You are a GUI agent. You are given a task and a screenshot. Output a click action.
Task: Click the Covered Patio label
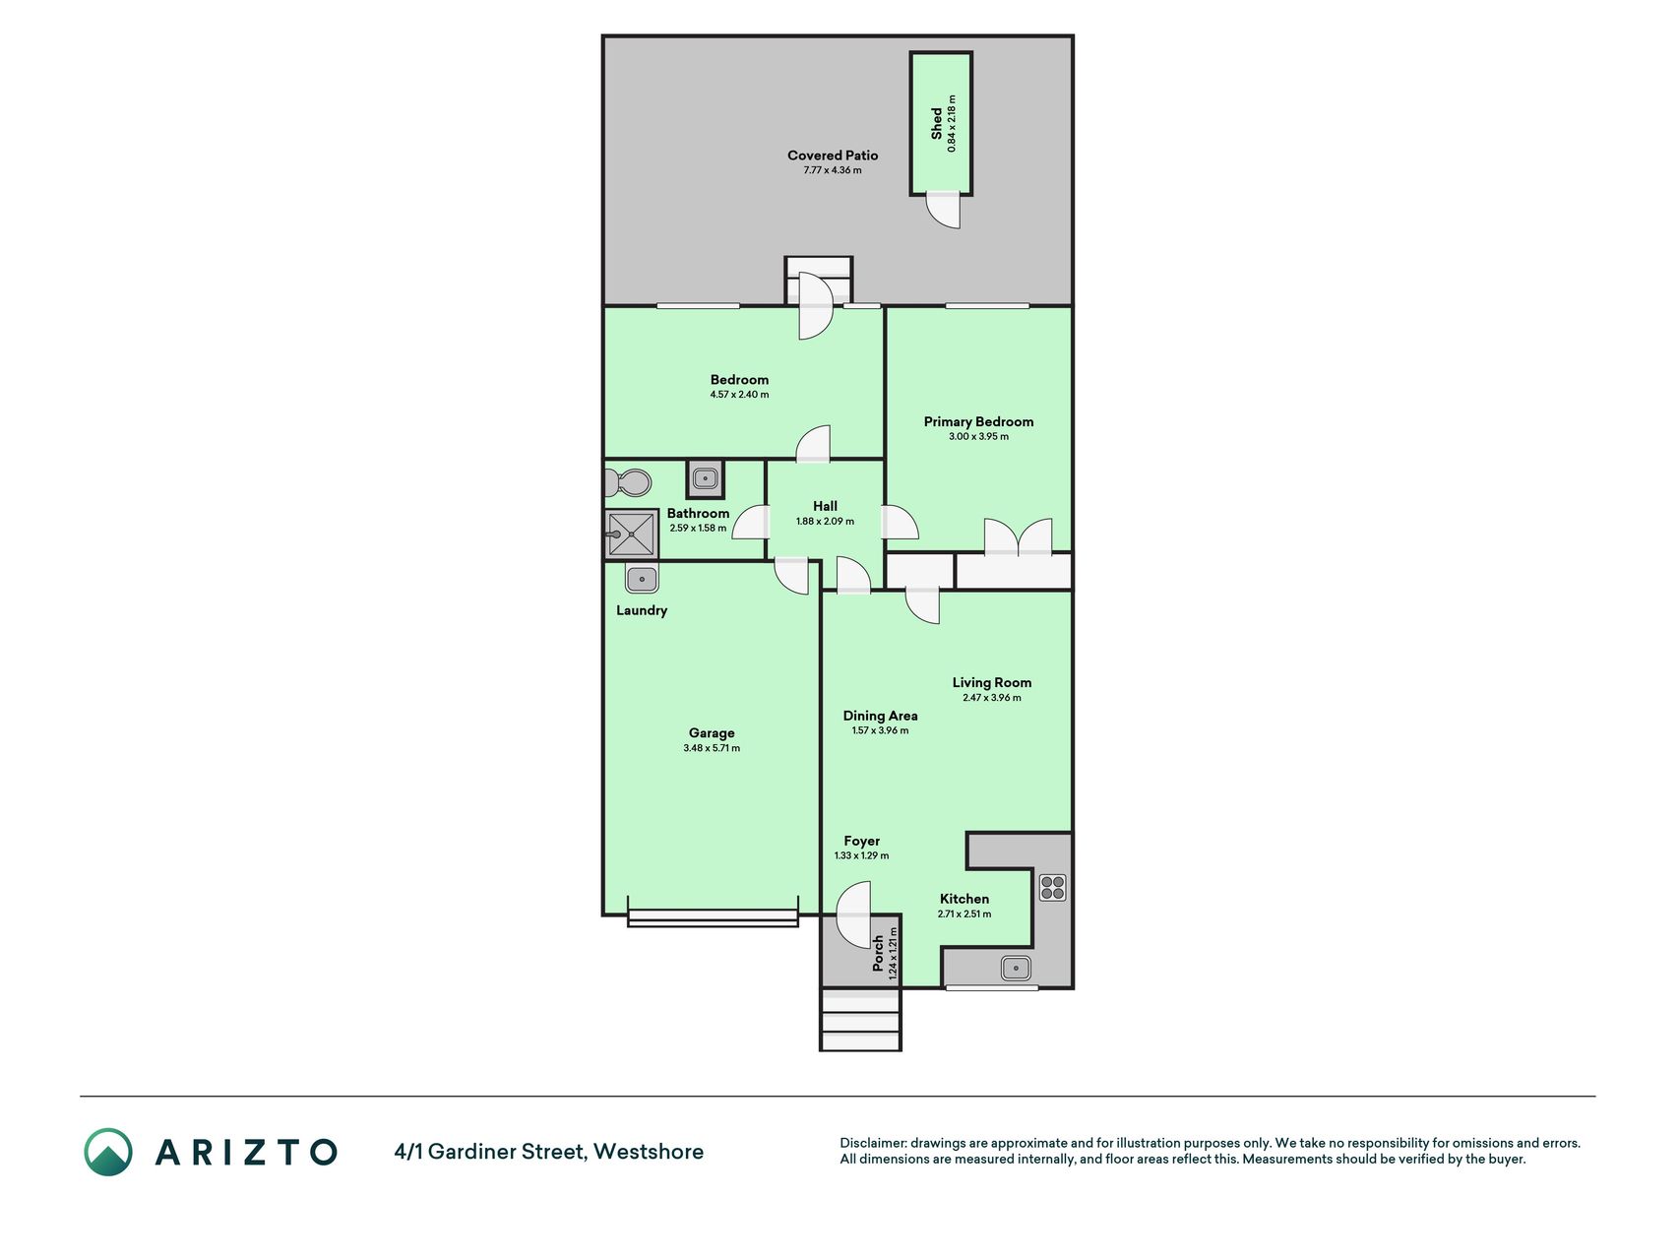(x=833, y=156)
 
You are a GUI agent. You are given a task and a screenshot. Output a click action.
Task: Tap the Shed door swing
(x=944, y=210)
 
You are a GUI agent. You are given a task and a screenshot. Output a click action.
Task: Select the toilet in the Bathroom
(x=628, y=483)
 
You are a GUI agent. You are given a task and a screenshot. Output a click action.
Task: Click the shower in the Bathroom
(x=631, y=535)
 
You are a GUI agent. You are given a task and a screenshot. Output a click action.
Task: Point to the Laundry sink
(x=642, y=580)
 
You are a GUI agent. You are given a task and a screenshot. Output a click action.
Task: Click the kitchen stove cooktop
(x=1052, y=887)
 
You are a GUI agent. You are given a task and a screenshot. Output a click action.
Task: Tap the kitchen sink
(x=1016, y=968)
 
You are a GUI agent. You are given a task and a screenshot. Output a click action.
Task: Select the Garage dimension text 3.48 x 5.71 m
(x=712, y=748)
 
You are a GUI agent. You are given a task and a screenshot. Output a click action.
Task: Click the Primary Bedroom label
(x=978, y=421)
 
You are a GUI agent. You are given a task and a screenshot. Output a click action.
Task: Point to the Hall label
(x=825, y=506)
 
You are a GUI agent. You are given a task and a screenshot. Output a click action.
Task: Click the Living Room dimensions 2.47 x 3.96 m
(x=992, y=698)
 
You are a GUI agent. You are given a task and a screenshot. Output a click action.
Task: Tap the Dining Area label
(x=880, y=716)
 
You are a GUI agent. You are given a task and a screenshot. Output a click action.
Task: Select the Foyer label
(x=861, y=841)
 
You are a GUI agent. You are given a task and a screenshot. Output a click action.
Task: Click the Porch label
(x=879, y=953)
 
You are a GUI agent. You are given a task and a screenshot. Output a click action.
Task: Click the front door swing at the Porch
(x=853, y=914)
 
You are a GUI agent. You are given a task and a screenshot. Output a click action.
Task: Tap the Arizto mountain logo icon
(x=107, y=1152)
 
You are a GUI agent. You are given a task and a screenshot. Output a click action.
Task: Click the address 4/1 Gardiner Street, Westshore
(x=549, y=1152)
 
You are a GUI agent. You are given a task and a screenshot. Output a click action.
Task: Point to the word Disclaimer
(x=872, y=1143)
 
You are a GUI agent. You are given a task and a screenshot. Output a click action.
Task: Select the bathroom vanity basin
(x=705, y=479)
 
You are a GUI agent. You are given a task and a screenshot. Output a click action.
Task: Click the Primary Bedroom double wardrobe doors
(x=1019, y=536)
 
